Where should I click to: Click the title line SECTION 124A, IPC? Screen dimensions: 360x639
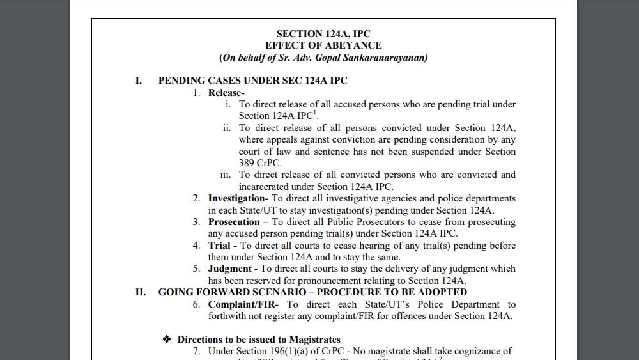(x=323, y=34)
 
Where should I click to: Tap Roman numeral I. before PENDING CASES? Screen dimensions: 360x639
(x=138, y=81)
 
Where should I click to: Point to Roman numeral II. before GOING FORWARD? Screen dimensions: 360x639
(x=141, y=292)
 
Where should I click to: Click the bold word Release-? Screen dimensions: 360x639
(x=226, y=93)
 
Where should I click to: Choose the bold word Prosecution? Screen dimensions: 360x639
(x=234, y=222)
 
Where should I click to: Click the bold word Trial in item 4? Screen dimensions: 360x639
(x=219, y=246)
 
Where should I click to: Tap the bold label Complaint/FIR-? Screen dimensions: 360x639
(x=243, y=304)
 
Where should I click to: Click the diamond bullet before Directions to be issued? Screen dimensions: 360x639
(x=167, y=340)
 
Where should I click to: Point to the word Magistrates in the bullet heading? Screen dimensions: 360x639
(x=312, y=340)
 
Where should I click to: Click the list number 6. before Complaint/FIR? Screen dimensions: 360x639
(x=197, y=304)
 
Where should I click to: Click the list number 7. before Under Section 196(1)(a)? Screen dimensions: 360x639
(x=197, y=351)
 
